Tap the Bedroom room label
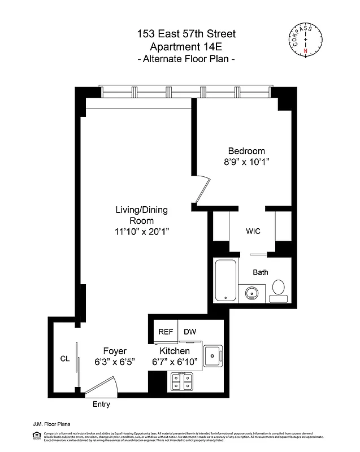tap(246, 151)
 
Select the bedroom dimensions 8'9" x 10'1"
tap(246, 162)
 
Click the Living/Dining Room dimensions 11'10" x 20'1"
tap(141, 231)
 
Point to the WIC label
tap(253, 232)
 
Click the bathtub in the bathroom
tap(226, 280)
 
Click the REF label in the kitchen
tap(165, 332)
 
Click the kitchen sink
tap(212, 355)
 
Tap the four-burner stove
tap(182, 383)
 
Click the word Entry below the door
tap(101, 405)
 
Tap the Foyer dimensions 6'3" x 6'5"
tap(114, 362)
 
